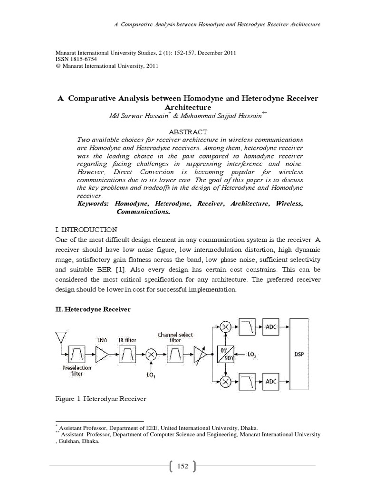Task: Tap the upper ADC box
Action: (271, 327)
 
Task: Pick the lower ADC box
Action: (271, 382)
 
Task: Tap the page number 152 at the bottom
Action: (182, 467)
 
